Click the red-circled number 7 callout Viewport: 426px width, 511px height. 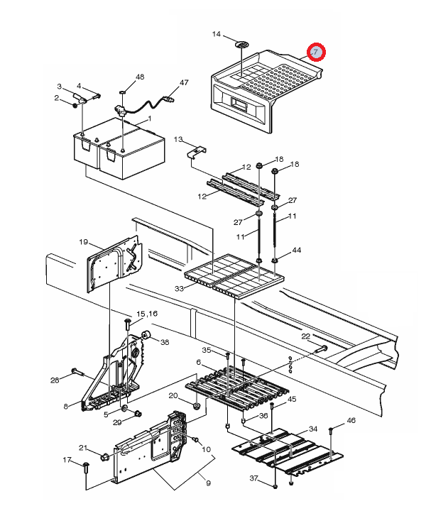(316, 52)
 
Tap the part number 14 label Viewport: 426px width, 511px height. (217, 34)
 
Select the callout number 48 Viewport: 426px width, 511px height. (139, 77)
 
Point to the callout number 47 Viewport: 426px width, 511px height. (184, 82)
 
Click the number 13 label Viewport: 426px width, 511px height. (178, 140)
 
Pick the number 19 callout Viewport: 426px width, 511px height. (84, 242)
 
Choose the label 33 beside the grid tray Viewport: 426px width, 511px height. (179, 288)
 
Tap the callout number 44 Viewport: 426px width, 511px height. (296, 250)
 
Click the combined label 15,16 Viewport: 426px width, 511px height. (147, 314)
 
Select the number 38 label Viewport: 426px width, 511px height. (165, 342)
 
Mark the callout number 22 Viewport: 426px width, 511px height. (305, 336)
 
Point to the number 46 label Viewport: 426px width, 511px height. (351, 420)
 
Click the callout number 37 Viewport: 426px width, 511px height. (254, 478)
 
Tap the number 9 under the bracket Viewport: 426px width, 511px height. (208, 483)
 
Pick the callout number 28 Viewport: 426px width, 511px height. (55, 380)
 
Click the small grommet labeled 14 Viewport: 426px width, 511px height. (241, 44)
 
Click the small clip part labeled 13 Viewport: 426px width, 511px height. (197, 152)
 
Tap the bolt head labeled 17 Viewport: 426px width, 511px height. (86, 464)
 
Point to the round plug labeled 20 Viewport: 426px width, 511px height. (196, 406)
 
